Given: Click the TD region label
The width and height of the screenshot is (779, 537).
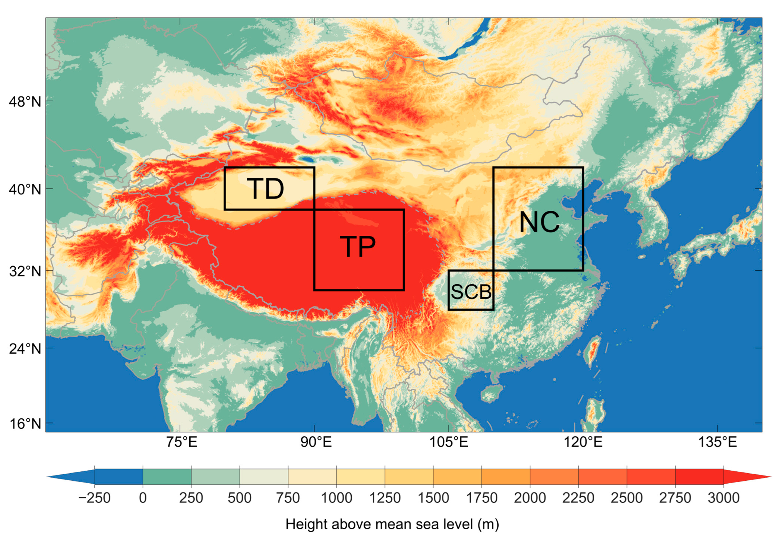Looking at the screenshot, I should tap(265, 189).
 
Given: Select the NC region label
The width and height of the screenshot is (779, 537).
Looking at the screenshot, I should tap(539, 222).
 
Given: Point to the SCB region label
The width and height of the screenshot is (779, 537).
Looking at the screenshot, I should tap(471, 292).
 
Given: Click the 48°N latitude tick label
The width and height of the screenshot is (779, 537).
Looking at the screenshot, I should tap(25, 101).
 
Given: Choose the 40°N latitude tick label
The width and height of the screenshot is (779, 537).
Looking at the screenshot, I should tap(25, 189).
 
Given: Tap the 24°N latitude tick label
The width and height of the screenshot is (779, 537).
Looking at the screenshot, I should tap(25, 349).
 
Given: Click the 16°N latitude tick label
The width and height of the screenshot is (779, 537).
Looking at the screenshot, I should tap(25, 424).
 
